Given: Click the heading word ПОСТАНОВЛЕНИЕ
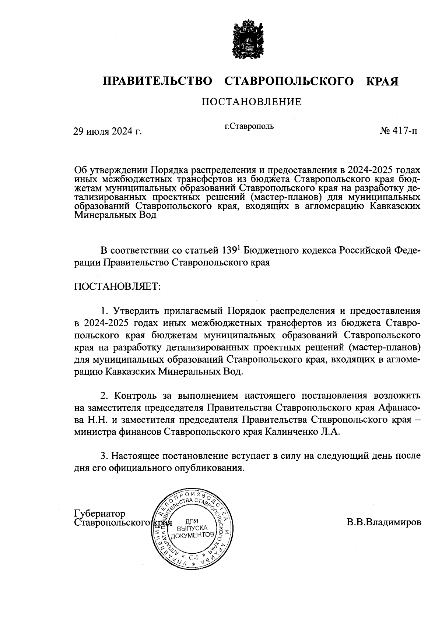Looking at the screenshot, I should [x=251, y=102].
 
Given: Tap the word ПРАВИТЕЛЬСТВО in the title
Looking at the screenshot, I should [x=158, y=81].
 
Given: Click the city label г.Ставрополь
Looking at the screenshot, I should [x=249, y=126].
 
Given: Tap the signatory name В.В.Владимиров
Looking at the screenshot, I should [x=383, y=522].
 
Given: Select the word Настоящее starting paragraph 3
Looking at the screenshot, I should [x=134, y=456].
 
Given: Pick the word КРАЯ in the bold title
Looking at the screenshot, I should [x=382, y=81].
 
